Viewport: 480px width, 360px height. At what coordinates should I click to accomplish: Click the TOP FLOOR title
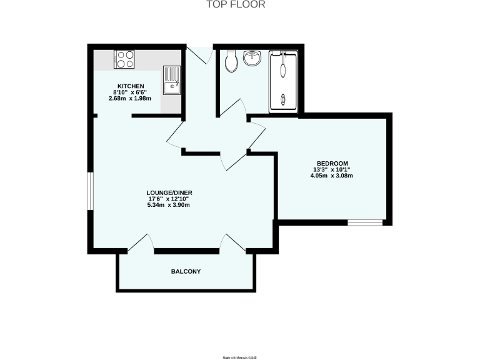click(236, 5)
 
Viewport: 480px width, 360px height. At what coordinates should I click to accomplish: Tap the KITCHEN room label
click(131, 86)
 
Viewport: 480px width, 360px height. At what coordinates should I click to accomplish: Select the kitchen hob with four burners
click(124, 59)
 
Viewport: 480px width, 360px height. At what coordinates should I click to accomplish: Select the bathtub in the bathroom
click(283, 81)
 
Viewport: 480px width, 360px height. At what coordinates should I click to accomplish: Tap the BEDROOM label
click(331, 163)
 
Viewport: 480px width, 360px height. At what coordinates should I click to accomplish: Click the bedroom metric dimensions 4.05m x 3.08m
click(332, 176)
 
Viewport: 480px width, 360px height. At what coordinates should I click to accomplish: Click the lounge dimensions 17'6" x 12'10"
click(168, 199)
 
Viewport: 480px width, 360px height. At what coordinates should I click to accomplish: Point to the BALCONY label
click(186, 271)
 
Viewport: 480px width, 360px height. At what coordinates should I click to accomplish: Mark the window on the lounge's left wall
click(89, 191)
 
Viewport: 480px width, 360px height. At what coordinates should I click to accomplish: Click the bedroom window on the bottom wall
click(365, 222)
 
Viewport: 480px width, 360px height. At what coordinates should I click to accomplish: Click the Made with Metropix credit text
click(240, 357)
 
